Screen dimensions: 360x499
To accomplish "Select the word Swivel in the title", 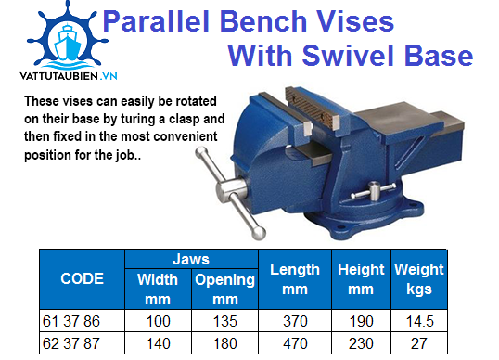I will click(345, 56).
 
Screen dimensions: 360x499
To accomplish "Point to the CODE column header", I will click(82, 278).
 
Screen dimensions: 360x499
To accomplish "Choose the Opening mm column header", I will click(224, 288).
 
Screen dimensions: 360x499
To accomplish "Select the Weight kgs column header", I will click(418, 278).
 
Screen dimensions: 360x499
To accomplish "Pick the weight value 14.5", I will click(418, 320).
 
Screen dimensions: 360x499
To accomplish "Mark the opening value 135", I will click(224, 320).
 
